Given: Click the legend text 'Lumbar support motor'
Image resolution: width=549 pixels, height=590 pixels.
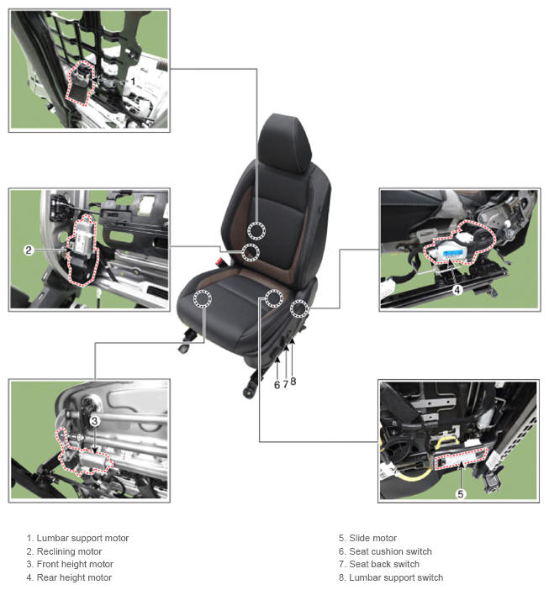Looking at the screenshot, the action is click(82, 538).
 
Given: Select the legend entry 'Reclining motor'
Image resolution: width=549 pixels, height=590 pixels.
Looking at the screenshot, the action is click(69, 551).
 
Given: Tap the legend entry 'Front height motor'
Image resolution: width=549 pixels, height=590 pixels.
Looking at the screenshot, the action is click(75, 564).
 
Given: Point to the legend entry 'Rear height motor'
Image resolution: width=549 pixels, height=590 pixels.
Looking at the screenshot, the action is click(74, 577).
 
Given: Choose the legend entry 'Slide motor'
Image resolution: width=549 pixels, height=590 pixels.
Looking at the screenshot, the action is click(373, 538).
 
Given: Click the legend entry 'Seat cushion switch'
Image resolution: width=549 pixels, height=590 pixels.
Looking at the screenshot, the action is click(390, 551).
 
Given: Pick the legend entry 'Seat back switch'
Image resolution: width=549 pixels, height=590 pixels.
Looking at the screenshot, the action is click(384, 564).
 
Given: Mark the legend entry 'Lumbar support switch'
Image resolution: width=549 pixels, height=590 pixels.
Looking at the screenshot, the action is click(396, 577).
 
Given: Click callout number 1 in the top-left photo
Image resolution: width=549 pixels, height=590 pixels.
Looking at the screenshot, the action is click(133, 82).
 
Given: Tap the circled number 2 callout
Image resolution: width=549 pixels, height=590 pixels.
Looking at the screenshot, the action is click(29, 250).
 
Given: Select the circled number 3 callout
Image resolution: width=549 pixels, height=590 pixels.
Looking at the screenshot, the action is click(94, 421).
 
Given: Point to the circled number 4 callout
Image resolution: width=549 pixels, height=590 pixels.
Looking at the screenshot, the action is click(457, 290).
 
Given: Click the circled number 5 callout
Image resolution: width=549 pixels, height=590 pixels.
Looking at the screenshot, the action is click(461, 493).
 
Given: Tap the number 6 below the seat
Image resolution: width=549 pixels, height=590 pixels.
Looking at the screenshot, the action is click(277, 385).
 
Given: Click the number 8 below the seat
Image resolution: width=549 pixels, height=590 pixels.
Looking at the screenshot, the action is click(293, 382).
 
